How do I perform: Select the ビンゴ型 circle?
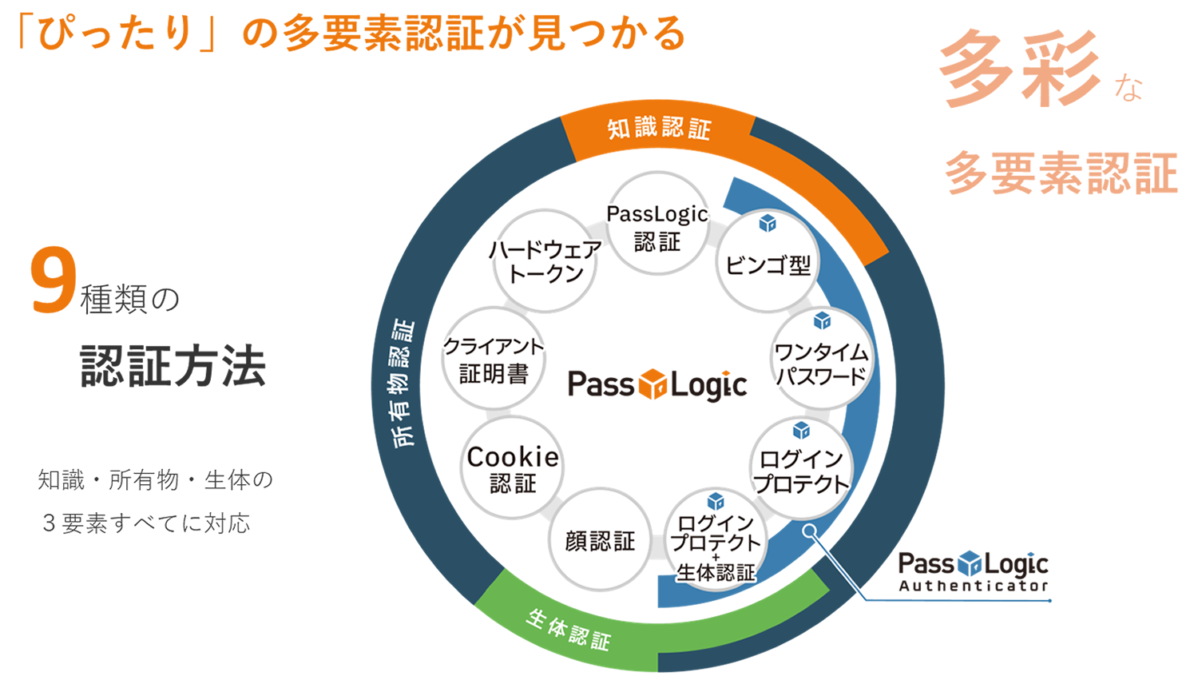coord(768,261)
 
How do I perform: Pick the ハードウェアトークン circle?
coord(545,260)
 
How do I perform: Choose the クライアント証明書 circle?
coord(494,359)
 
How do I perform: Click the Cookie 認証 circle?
coord(513,468)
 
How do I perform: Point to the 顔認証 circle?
coord(600,540)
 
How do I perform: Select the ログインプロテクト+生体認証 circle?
coord(716,541)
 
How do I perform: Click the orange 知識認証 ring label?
coord(659,129)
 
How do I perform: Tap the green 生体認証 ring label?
coord(568,629)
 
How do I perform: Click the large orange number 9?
coord(53,281)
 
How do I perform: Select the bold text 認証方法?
coord(173,367)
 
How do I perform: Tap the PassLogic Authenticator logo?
coord(973,571)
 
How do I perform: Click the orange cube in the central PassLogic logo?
coord(653,384)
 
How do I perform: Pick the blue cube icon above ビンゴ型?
coord(768,223)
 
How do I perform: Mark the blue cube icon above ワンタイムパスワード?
coord(822,320)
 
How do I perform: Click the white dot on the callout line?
coord(810,531)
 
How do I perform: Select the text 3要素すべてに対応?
coord(146,523)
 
